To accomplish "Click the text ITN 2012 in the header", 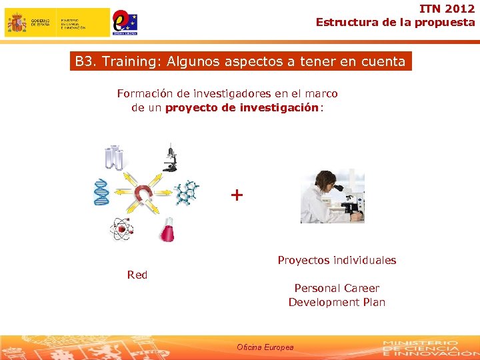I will pos(447,9).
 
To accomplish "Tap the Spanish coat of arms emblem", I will pos(16,23).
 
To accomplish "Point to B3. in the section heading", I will pos(85,62).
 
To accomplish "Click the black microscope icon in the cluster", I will pos(170,157).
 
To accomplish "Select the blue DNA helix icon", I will pos(101,192).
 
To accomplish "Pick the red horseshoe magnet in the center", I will pos(143,194).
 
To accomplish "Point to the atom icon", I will pos(121,230).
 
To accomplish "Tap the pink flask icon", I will pos(167,230).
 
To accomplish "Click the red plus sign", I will pos(237,195).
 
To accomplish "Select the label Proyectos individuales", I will pos(337,260).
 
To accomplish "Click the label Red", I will pos(137,275).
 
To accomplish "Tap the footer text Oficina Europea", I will pos(265,347).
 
